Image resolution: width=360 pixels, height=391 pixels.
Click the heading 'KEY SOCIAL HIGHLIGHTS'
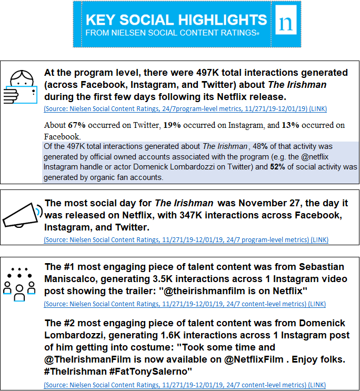tap(176, 20)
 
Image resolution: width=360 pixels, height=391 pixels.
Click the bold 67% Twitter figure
tap(77, 125)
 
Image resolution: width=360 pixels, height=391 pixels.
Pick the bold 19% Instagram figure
tap(172, 125)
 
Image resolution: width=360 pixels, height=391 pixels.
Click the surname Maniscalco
tap(73, 278)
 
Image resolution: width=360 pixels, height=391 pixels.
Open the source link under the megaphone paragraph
tap(186, 240)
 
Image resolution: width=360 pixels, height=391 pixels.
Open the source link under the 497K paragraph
tap(185, 109)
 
